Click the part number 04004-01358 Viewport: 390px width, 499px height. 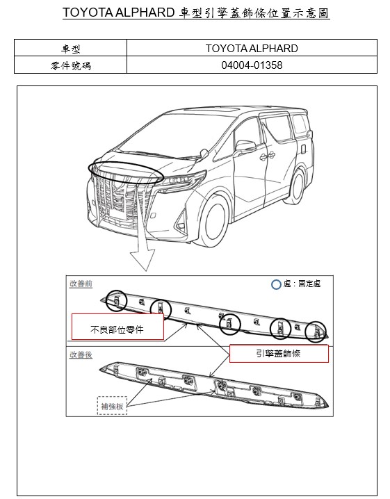(252, 65)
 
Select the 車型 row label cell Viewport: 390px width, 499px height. (70, 48)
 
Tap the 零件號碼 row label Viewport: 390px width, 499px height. (70, 65)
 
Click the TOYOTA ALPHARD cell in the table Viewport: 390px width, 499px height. (252, 48)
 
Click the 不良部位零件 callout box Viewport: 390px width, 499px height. (117, 327)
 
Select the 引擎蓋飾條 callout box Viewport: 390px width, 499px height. (279, 353)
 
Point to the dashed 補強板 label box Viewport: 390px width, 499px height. (112, 406)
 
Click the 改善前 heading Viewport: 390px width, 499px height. (81, 284)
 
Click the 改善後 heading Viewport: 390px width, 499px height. (81, 354)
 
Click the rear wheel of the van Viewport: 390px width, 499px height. (298, 186)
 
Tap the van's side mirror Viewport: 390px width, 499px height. (246, 146)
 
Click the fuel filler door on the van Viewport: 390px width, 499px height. (303, 149)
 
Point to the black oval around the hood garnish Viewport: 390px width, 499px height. (126, 163)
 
